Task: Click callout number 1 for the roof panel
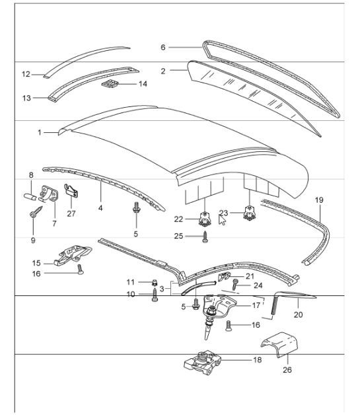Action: click(x=40, y=133)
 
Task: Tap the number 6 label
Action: click(x=162, y=47)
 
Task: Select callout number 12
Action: click(x=26, y=74)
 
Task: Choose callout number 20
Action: click(x=298, y=315)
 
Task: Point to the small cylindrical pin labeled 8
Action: click(x=28, y=197)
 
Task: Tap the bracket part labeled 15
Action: click(x=73, y=254)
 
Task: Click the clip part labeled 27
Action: click(x=72, y=192)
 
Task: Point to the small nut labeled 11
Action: click(x=154, y=282)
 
